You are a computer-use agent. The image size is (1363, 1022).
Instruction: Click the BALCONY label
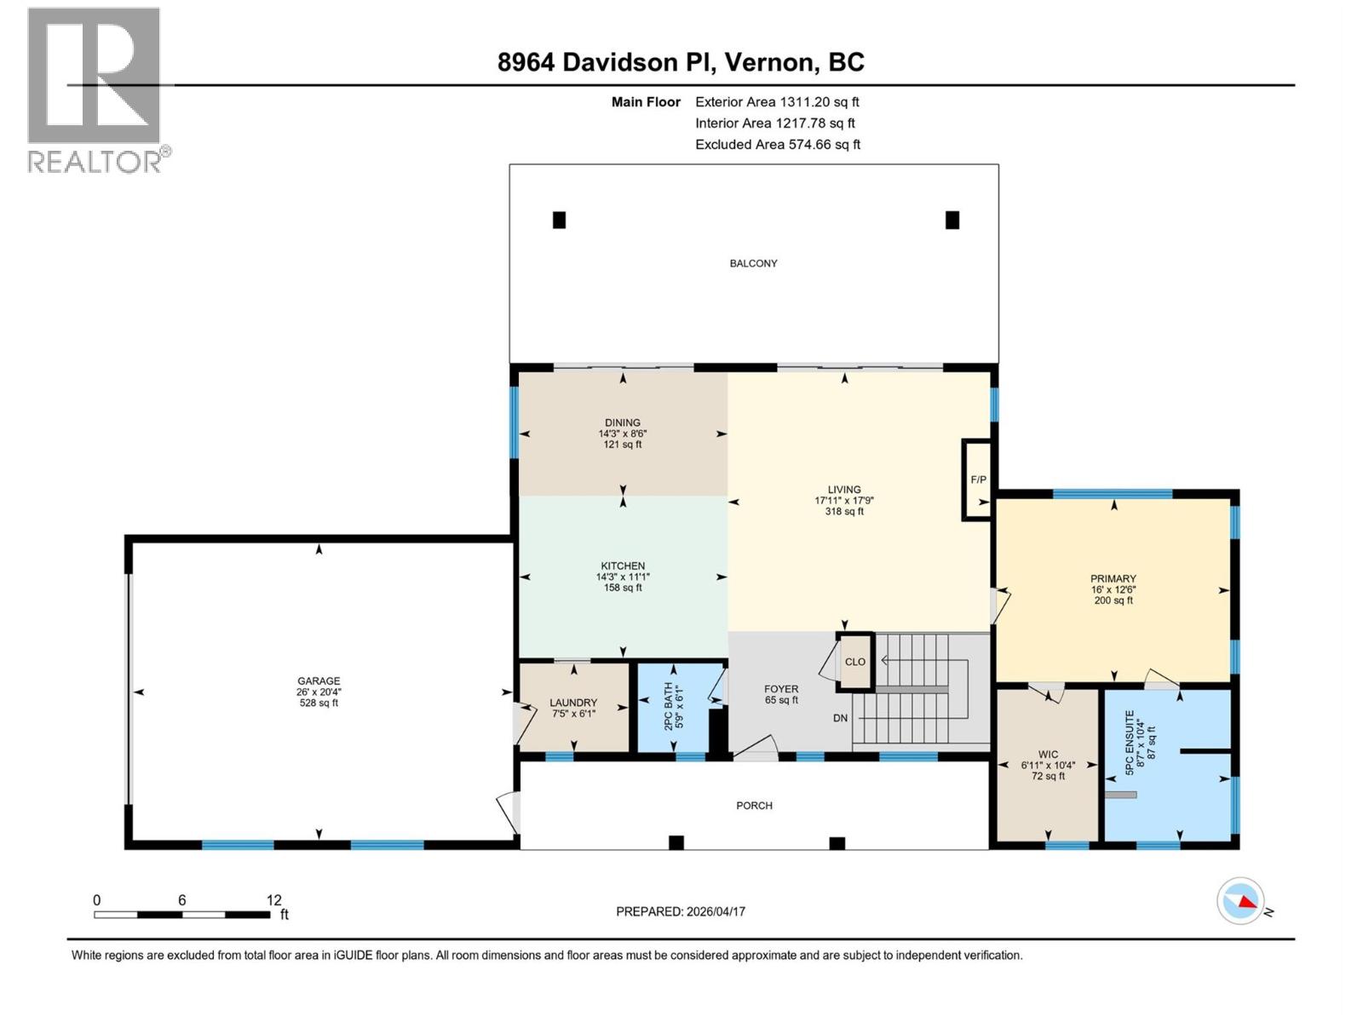click(753, 263)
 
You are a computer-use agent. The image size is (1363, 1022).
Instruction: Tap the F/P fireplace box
click(978, 480)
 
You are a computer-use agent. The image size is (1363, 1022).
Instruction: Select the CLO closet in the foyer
click(854, 662)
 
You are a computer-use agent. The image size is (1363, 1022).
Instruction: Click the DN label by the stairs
click(840, 718)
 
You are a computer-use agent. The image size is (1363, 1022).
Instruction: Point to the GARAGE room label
click(319, 681)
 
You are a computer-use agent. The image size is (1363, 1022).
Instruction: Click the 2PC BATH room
click(674, 708)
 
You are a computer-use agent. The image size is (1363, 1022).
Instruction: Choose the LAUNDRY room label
click(573, 703)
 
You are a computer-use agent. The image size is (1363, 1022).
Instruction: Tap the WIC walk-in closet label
click(1048, 755)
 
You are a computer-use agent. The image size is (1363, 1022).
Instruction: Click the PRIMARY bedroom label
click(1113, 579)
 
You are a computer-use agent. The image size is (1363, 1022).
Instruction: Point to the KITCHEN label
click(623, 566)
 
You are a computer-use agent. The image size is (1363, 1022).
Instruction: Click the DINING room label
click(623, 423)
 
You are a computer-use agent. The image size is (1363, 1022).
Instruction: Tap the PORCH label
click(754, 806)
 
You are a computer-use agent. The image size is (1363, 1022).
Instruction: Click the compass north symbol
click(1240, 900)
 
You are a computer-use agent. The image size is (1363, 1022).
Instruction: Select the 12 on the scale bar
click(273, 900)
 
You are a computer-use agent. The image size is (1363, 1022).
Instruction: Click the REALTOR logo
click(95, 89)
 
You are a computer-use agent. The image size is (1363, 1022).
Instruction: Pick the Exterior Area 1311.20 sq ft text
click(777, 102)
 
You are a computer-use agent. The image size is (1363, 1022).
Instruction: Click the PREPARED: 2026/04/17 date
click(681, 911)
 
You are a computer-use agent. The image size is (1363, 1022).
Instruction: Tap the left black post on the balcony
click(560, 220)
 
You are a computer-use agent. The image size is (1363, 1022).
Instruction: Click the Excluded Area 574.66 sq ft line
click(777, 145)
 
